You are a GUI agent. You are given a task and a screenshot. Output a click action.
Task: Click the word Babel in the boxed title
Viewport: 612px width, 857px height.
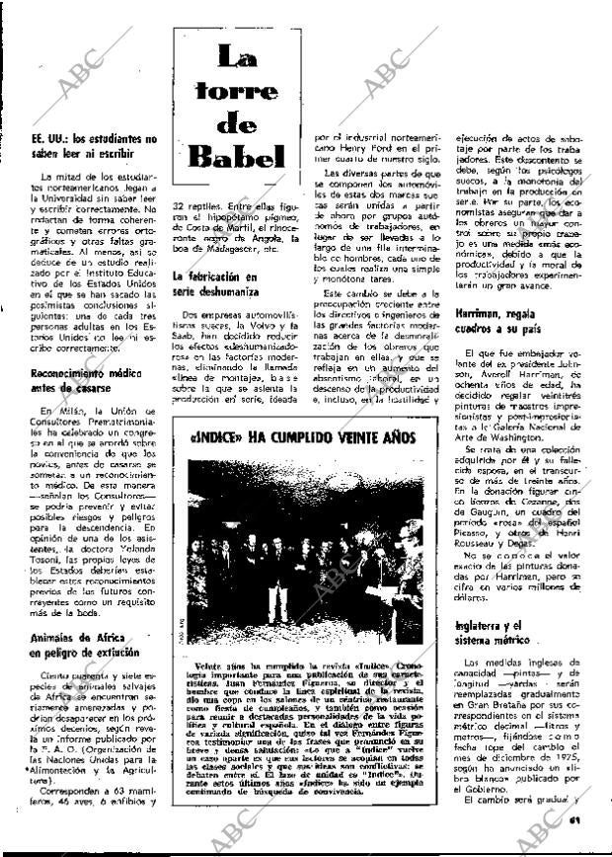[237, 156]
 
